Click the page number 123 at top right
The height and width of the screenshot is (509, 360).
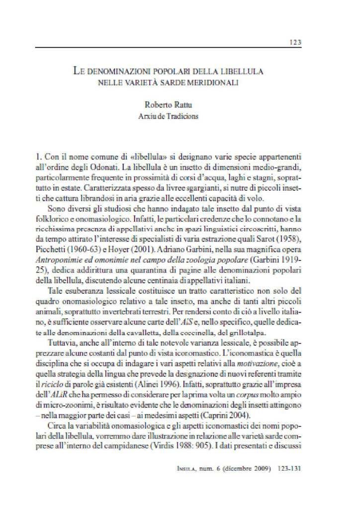(x=295, y=42)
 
